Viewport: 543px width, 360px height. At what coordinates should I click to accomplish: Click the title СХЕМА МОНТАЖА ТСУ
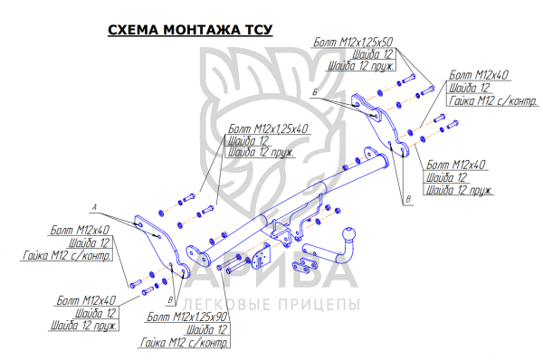[190, 30]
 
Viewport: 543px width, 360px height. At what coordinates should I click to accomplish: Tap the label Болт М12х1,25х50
[353, 43]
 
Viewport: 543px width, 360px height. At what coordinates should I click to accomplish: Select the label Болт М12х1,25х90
[187, 317]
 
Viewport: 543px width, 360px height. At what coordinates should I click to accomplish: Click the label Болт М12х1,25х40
[268, 128]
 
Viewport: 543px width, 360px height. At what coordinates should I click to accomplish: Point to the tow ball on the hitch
[348, 234]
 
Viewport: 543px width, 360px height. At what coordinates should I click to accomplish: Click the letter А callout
[94, 207]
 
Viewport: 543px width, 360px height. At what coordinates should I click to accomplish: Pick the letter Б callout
[315, 92]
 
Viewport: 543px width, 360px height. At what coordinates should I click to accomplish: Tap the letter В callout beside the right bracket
[409, 199]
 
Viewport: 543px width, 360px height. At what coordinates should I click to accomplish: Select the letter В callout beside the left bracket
[170, 300]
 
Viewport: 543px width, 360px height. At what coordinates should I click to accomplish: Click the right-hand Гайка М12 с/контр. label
[493, 100]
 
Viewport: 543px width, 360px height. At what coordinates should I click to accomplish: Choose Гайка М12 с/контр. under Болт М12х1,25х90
[185, 342]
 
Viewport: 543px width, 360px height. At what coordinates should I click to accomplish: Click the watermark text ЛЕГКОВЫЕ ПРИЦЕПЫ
[271, 305]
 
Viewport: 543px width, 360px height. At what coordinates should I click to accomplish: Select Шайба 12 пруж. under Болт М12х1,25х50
[361, 66]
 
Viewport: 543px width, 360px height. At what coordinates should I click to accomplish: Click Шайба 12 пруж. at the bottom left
[84, 326]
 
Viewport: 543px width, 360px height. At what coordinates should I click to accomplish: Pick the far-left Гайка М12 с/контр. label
[67, 255]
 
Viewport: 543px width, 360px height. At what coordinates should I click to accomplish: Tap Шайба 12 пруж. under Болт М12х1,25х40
[262, 152]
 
